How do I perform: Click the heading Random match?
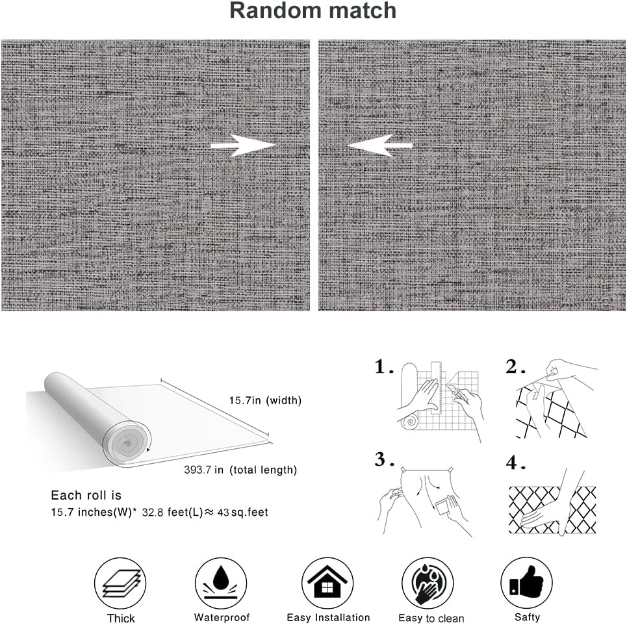pos(313,11)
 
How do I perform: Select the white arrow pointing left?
pos(379,145)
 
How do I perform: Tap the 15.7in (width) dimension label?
pos(255,400)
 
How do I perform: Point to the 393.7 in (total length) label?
pos(240,470)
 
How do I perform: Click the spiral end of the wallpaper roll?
pos(127,446)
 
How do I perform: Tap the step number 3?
pos(383,461)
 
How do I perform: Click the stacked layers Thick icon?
pos(122,583)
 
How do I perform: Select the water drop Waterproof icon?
pos(222,583)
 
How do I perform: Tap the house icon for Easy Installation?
pos(327,583)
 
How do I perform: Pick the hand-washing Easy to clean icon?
pos(427,583)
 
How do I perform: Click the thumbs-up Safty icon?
pos(526,583)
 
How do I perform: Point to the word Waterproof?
pos(222,617)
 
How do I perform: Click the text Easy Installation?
pos(328,617)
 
